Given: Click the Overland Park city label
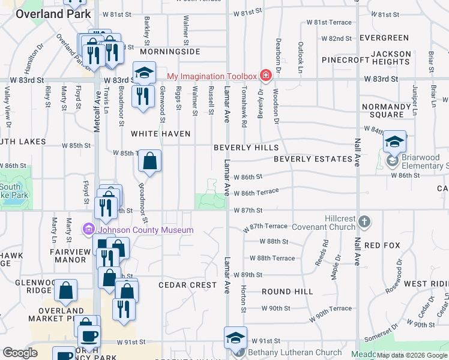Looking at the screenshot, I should (x=53, y=14).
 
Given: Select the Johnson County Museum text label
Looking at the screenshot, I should (x=146, y=230).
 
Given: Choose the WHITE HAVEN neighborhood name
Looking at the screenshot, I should (x=161, y=134).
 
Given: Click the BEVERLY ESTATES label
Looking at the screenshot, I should (x=313, y=159).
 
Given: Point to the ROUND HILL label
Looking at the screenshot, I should (x=287, y=291).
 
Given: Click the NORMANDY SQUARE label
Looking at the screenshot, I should (x=387, y=110).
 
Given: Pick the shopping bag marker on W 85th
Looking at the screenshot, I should (x=150, y=161).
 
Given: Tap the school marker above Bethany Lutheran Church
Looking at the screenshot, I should (x=235, y=338).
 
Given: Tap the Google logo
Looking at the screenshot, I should (x=20, y=353).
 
